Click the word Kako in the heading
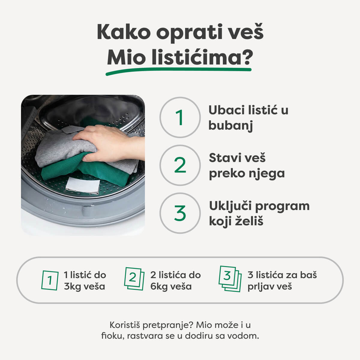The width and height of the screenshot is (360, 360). coord(123,32)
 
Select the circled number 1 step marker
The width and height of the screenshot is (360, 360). coord(180,117)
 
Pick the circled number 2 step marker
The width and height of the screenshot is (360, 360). coord(180,165)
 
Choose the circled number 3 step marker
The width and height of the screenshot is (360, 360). coord(180,213)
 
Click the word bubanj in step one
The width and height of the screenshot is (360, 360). coord(230,125)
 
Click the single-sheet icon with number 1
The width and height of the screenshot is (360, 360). coord(50,280)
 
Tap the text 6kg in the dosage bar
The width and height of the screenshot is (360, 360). coord(159,286)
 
